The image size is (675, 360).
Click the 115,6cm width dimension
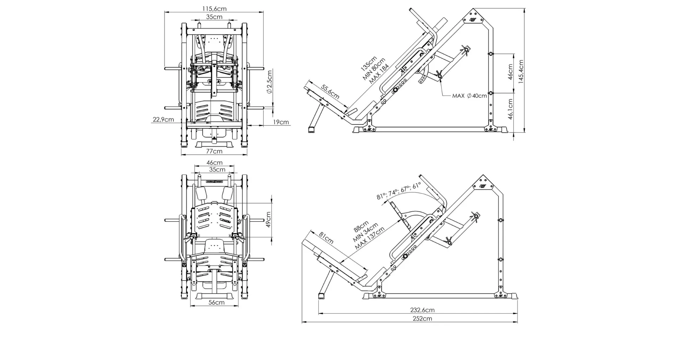(214, 8)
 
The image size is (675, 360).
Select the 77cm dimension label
(214, 151)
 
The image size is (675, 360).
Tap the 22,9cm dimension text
(163, 120)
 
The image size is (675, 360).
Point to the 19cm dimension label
(281, 122)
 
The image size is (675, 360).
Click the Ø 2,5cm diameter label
(270, 82)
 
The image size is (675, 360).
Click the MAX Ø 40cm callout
(469, 96)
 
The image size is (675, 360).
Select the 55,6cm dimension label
(330, 91)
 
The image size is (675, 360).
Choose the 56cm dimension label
(216, 302)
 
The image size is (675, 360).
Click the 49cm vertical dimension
(269, 219)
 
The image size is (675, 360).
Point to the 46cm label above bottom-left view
(214, 163)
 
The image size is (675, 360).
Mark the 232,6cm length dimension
(422, 310)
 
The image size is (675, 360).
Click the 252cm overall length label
(422, 319)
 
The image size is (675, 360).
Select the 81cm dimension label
(326, 238)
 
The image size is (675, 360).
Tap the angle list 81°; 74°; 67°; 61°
(399, 191)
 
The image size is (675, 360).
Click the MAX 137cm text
(370, 238)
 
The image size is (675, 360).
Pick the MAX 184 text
(379, 74)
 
